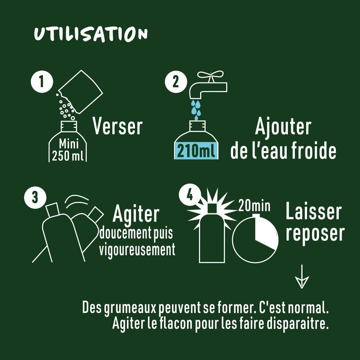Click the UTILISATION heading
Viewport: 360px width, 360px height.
tap(91, 35)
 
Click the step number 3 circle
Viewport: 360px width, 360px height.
tap(35, 197)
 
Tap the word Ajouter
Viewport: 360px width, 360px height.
tap(283, 127)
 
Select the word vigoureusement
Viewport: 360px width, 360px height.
tap(137, 250)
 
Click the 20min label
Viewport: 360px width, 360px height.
tap(254, 205)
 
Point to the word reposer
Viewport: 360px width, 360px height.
tap(315, 234)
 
